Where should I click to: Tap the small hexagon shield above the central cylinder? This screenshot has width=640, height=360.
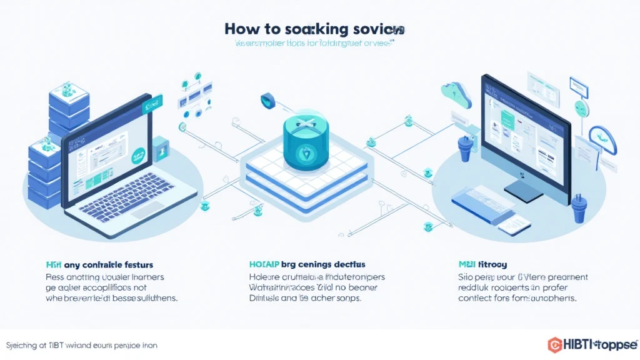point(267,99)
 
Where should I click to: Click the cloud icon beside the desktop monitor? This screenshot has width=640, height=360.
point(451,92)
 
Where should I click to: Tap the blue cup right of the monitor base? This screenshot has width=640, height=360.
point(578,209)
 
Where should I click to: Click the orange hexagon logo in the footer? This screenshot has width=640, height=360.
point(554,344)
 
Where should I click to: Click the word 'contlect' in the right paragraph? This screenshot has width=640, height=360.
point(476,299)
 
